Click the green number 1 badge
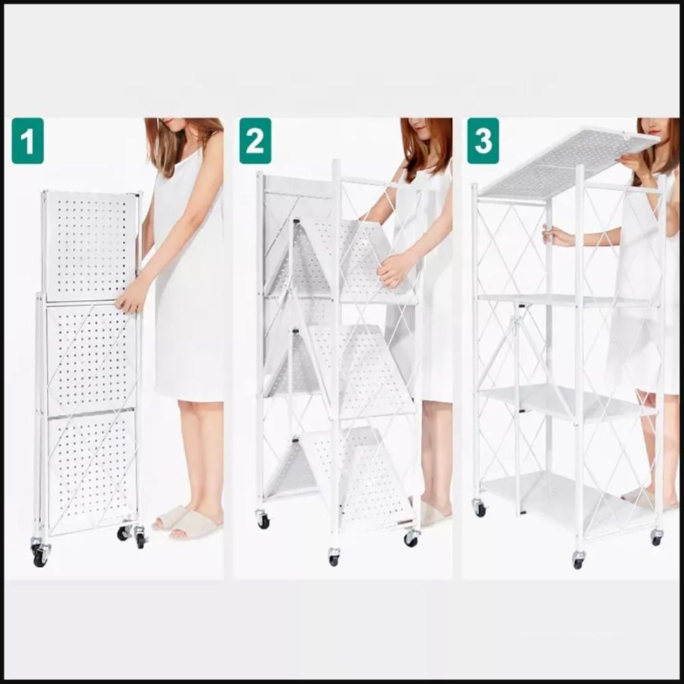pos(27,141)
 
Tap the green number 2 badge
pos(255,141)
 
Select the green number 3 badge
pos(483,141)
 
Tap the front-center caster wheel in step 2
pos(334,557)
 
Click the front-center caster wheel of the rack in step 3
pos(578,561)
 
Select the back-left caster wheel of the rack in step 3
pos(480,509)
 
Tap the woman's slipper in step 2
pos(432,513)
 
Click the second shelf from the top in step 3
pos(567,300)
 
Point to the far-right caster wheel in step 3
pos(656,538)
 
